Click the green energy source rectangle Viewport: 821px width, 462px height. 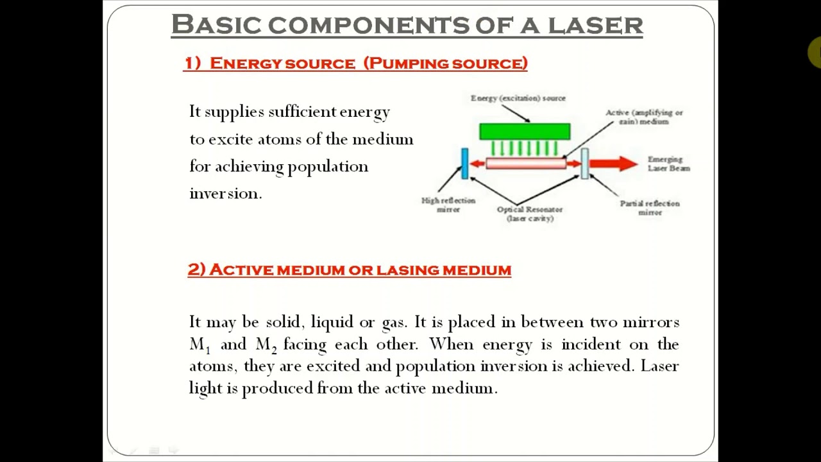click(x=525, y=132)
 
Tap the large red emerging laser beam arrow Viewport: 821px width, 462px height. click(x=612, y=164)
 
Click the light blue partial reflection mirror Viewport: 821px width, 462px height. click(x=584, y=163)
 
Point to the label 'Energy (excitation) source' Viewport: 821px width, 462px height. click(x=518, y=98)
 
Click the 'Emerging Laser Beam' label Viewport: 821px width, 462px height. click(x=668, y=164)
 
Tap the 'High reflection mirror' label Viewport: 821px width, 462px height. click(x=448, y=205)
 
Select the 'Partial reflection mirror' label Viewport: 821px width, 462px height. click(x=650, y=207)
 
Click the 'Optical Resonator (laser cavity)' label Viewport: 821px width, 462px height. click(x=530, y=214)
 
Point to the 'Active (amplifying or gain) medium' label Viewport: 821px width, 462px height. click(x=644, y=117)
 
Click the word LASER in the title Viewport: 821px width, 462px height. click(x=595, y=25)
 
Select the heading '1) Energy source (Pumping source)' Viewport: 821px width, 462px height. click(x=356, y=63)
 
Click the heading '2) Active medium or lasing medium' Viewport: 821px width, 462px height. click(x=350, y=269)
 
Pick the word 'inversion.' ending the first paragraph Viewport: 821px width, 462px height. click(x=226, y=194)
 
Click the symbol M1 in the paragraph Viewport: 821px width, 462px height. click(x=199, y=345)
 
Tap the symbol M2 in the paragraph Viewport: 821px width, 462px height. click(x=266, y=345)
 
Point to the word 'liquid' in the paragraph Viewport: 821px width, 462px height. click(x=332, y=322)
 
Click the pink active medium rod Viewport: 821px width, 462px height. click(x=526, y=164)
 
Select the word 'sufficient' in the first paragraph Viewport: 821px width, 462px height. click(x=301, y=112)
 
